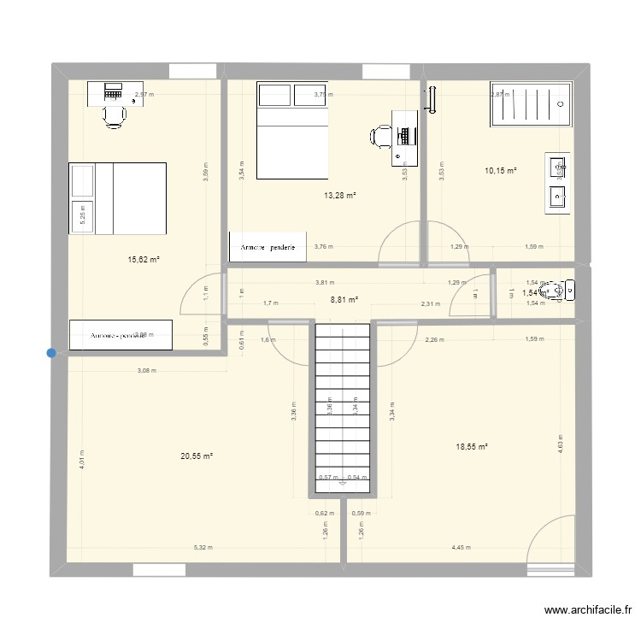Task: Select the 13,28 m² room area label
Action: point(339,196)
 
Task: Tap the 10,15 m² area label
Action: point(501,171)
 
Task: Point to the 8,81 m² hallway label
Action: point(344,300)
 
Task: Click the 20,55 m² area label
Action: point(196,456)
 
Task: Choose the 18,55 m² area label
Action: point(472,446)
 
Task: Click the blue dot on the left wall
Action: point(52,352)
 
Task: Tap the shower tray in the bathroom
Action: point(529,103)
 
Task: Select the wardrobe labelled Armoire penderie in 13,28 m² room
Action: point(268,246)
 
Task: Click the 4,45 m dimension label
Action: point(461,548)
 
